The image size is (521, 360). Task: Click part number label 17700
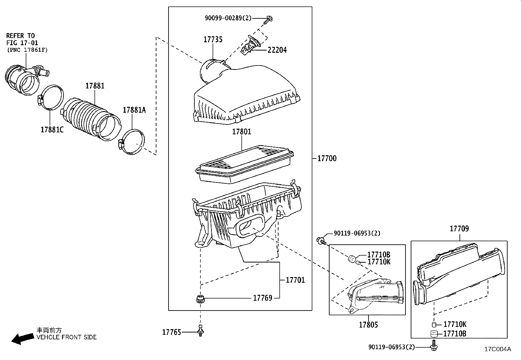(x=327, y=159)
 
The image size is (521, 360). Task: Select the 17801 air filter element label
(x=242, y=132)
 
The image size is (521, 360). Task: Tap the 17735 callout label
(x=213, y=39)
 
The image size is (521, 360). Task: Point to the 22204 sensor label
(x=277, y=50)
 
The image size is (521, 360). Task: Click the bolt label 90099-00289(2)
(x=228, y=18)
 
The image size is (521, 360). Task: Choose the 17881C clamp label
(x=52, y=130)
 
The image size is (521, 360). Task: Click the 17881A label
(x=134, y=110)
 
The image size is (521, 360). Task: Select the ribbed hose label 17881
(x=95, y=86)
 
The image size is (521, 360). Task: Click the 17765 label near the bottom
(x=171, y=332)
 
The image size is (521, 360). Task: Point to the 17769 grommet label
(x=262, y=298)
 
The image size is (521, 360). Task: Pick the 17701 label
(x=295, y=280)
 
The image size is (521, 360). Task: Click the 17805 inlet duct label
(x=368, y=325)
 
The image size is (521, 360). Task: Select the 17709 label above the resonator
(x=459, y=229)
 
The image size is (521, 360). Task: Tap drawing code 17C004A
(x=497, y=349)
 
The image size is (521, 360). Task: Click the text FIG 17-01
(x=22, y=43)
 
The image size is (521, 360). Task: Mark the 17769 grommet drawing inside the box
(x=199, y=299)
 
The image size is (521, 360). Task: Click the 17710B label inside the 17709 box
(x=455, y=333)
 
